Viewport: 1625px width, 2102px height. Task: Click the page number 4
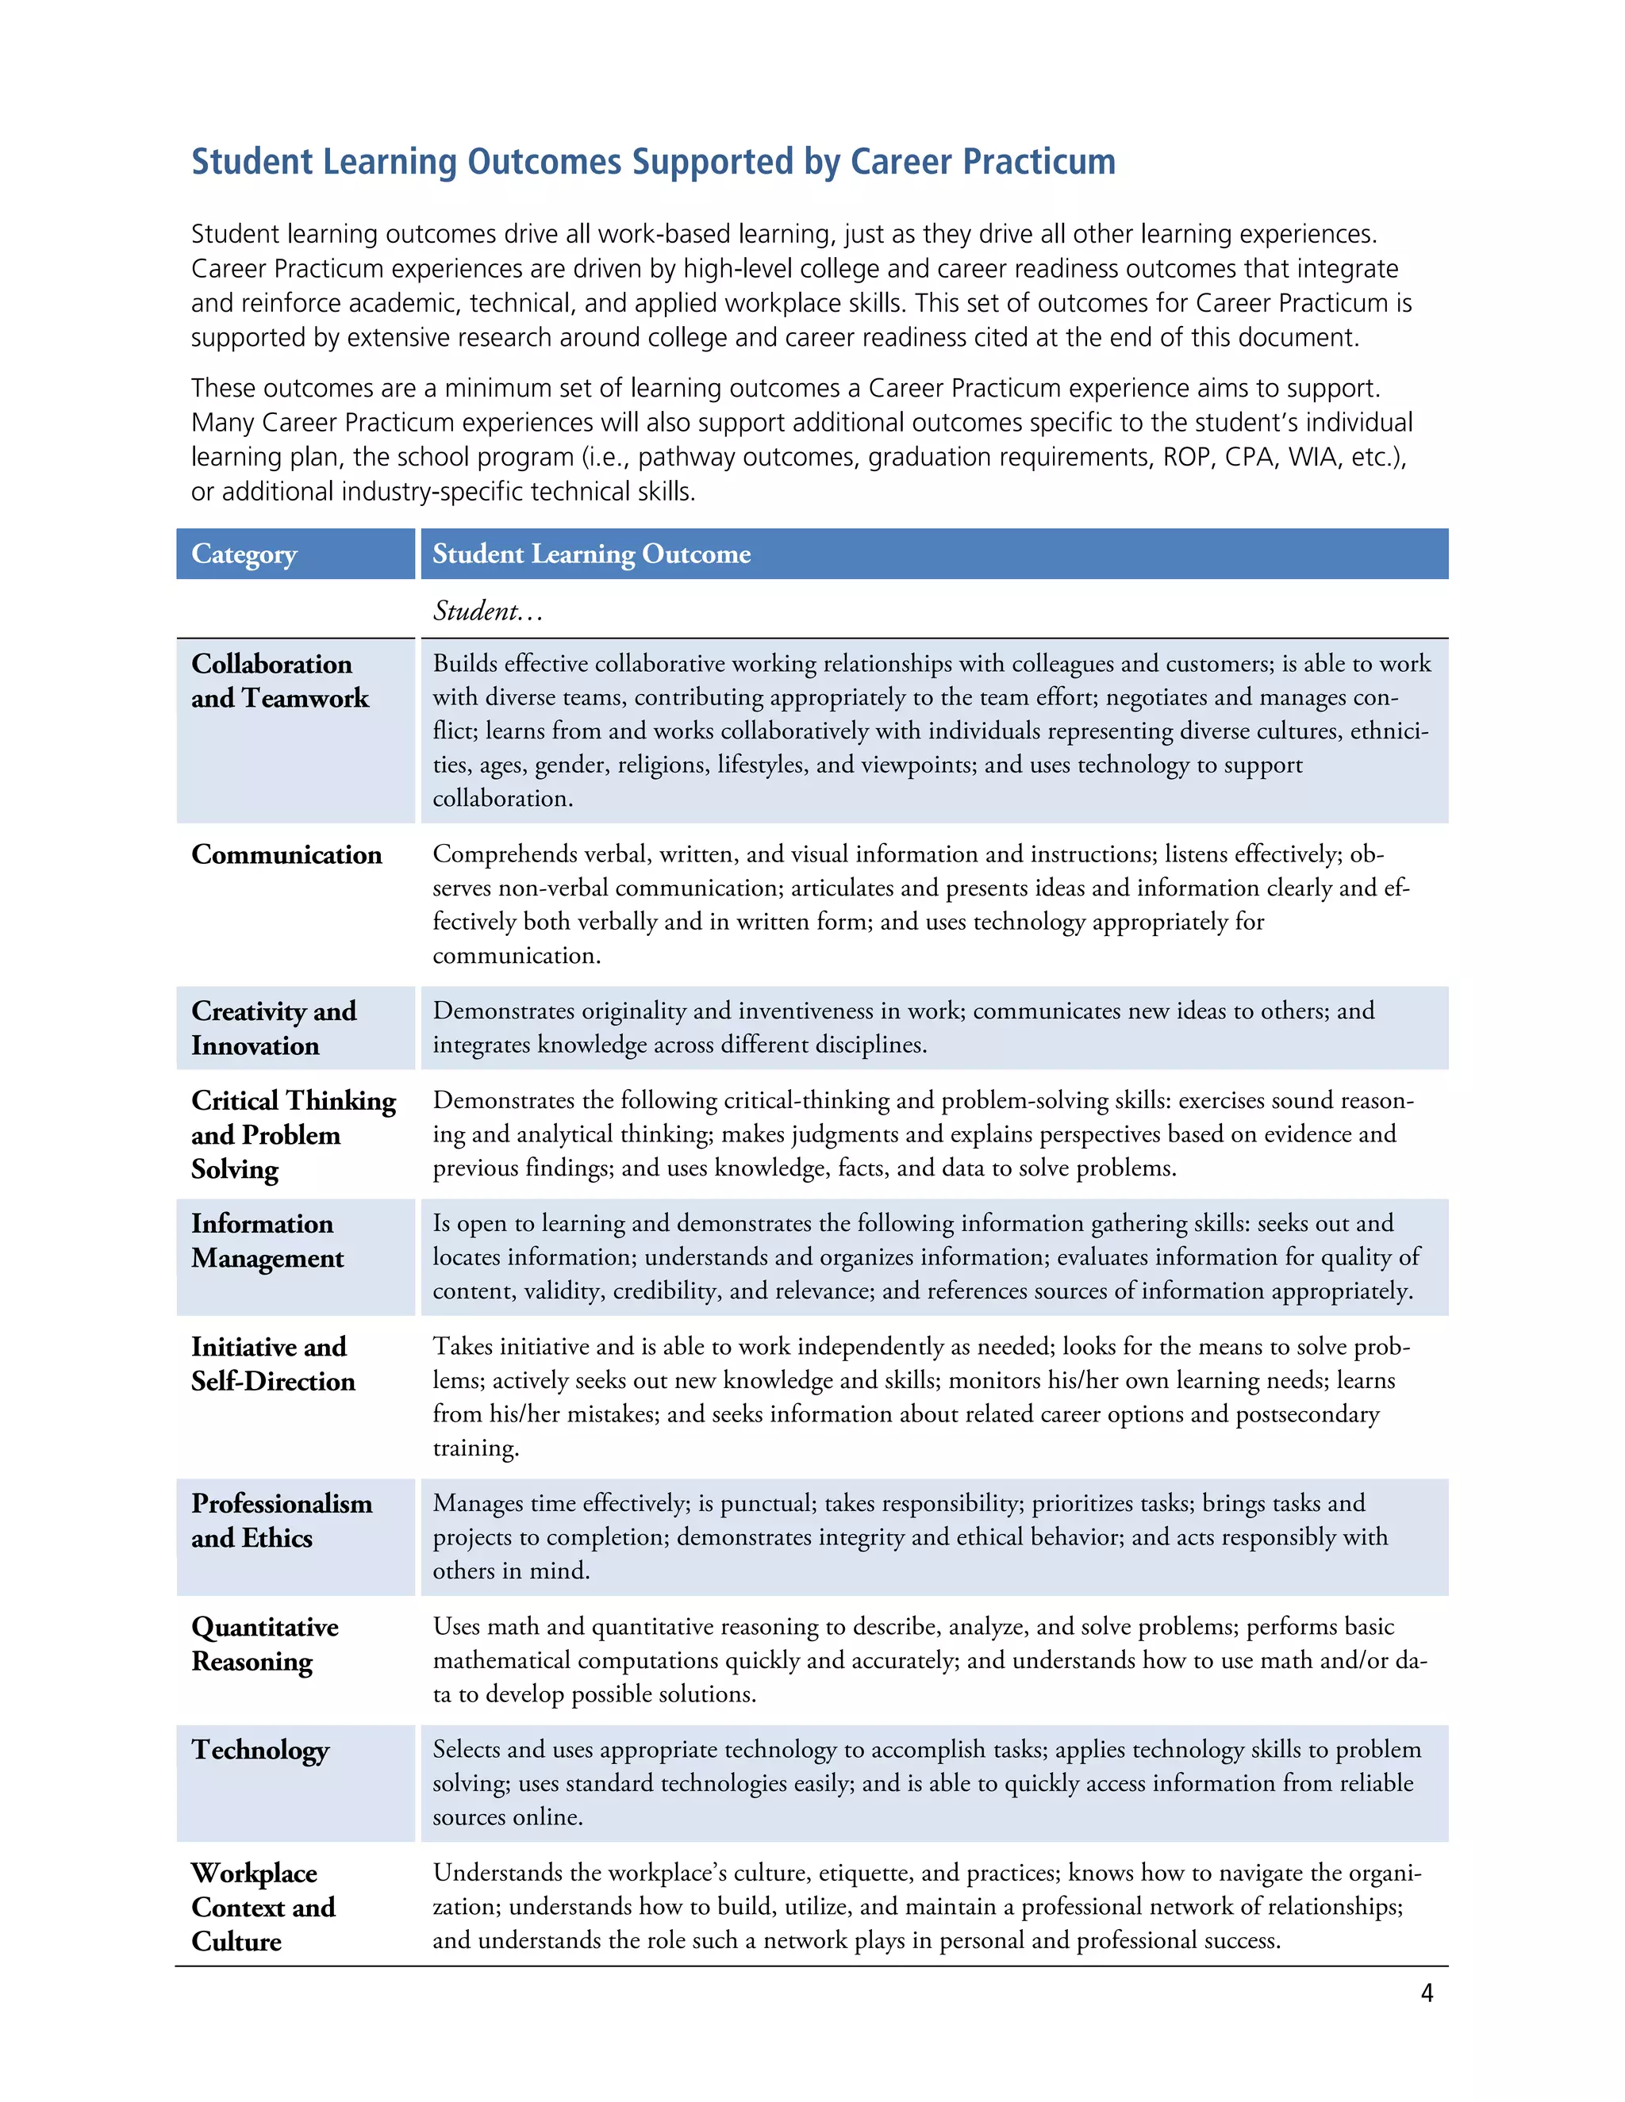pos(1427,1993)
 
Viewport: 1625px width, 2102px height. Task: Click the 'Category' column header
pos(244,554)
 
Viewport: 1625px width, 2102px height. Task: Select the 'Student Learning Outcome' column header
pos(591,554)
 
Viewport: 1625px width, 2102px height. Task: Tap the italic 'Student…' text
pos(488,610)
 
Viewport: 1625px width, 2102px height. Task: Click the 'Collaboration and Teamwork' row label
pos(279,681)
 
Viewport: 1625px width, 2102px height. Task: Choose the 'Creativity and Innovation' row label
pos(274,1028)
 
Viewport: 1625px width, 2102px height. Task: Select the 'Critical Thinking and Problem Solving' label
pos(293,1133)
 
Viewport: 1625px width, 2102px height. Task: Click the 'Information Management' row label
pos(267,1241)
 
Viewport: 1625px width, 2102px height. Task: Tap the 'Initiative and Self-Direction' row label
pos(272,1364)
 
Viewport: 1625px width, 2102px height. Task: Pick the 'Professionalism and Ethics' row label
pos(281,1521)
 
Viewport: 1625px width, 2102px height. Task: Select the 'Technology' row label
pos(260,1750)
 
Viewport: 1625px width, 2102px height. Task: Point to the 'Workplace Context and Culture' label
pos(263,1907)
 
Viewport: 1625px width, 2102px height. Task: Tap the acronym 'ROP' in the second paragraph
pos(1188,456)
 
